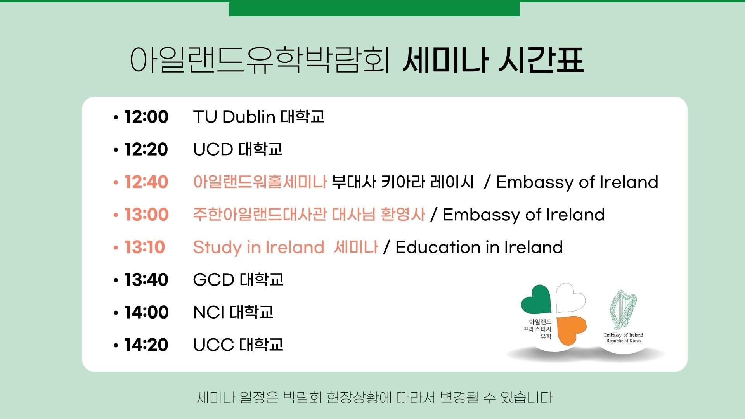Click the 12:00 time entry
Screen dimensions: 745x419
(146, 117)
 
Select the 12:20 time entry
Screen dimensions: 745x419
(146, 149)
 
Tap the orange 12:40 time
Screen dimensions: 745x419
(146, 182)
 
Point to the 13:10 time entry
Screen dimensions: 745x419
(144, 247)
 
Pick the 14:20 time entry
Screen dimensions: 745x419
(146, 345)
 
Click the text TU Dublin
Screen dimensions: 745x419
(234, 117)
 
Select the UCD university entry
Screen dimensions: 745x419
(237, 149)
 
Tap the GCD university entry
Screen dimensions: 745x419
(238, 280)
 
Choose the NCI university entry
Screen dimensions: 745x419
(233, 312)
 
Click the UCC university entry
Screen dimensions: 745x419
(238, 345)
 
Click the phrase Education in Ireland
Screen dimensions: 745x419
(479, 247)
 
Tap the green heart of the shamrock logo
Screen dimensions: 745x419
(536, 300)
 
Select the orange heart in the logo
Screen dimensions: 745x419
(571, 329)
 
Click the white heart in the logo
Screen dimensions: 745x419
(570, 298)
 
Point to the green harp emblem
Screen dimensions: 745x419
(623, 310)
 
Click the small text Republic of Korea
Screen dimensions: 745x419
(624, 341)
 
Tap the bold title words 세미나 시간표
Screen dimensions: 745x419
(493, 60)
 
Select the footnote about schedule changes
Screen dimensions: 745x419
(374, 398)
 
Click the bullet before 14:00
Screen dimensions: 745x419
(116, 313)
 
